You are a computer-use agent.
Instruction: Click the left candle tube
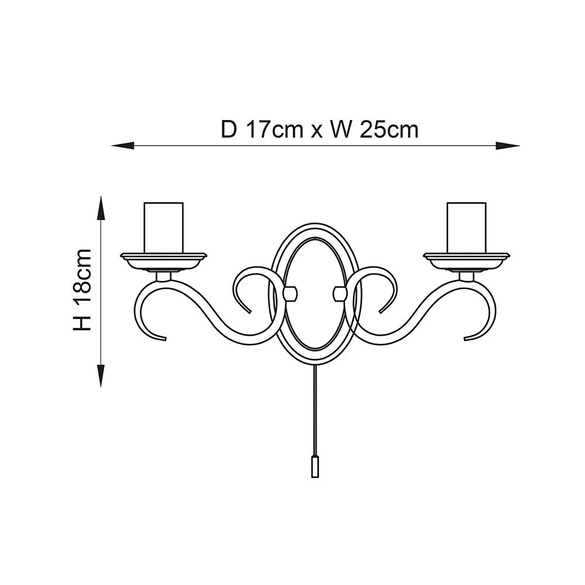tap(164, 228)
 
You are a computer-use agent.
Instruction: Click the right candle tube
tap(467, 228)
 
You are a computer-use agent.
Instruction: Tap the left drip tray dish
tap(163, 261)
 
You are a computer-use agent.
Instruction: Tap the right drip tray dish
tap(467, 261)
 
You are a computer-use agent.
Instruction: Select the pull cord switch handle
tap(315, 466)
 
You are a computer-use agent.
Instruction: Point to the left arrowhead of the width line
tap(123, 146)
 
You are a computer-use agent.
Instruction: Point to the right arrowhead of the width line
tap(508, 146)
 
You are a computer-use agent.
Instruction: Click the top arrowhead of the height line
tap(101, 208)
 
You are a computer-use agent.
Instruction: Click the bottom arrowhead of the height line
tap(101, 377)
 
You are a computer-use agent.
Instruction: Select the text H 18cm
tap(82, 290)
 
